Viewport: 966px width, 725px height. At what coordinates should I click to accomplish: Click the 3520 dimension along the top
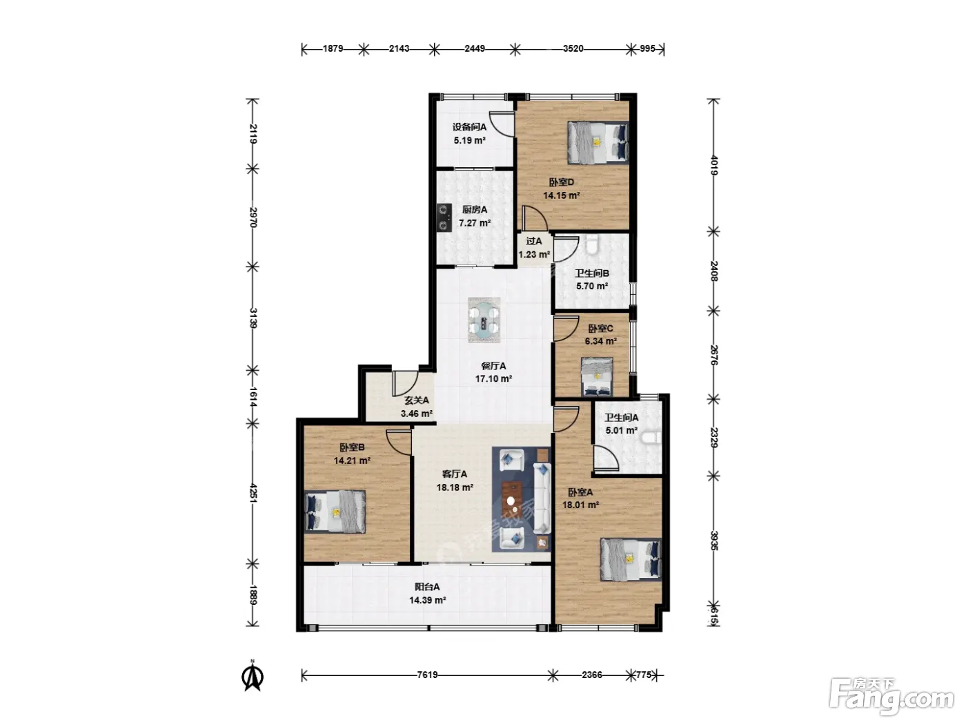click(x=573, y=48)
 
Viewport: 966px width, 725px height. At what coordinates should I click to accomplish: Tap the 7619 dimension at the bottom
click(x=427, y=675)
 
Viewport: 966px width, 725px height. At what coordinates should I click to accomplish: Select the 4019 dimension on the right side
click(x=714, y=166)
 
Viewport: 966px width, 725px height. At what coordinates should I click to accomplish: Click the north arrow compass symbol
click(x=253, y=677)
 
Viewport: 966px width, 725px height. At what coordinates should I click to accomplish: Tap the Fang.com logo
click(x=891, y=699)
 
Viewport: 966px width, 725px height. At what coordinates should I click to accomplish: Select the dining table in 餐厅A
click(x=484, y=320)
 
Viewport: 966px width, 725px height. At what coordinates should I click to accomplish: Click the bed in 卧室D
click(x=598, y=143)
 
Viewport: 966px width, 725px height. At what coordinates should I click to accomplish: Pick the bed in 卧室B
click(x=335, y=512)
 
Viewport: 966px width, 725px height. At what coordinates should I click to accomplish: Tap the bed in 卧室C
click(x=598, y=376)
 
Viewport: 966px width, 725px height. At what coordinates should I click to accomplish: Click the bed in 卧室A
click(x=631, y=560)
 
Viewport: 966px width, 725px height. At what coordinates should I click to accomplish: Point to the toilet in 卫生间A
click(x=651, y=438)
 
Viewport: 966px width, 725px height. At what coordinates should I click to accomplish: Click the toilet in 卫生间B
click(x=592, y=244)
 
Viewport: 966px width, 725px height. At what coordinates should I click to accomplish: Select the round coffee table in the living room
click(x=511, y=501)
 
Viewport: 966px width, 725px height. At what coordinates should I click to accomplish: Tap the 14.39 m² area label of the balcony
click(x=427, y=600)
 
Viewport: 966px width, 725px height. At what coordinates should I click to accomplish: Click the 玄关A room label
click(x=416, y=400)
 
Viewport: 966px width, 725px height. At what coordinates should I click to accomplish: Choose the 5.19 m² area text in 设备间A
click(x=470, y=140)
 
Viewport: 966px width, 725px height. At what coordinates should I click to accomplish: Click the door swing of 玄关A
click(x=405, y=384)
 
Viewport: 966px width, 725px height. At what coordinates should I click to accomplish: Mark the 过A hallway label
click(x=534, y=241)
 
